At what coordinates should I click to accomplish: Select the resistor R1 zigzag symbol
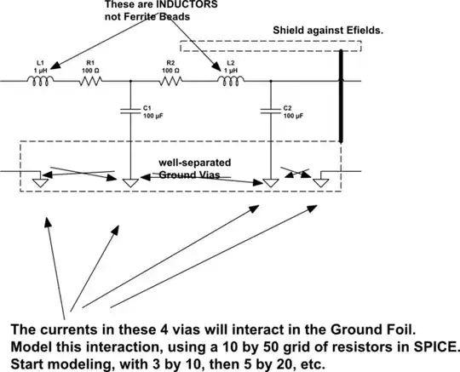(92, 82)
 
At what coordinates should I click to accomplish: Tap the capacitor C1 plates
(129, 117)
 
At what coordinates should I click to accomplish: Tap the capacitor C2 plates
(270, 117)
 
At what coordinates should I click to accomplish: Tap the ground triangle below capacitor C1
(129, 181)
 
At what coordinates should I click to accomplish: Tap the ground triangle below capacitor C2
(270, 181)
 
